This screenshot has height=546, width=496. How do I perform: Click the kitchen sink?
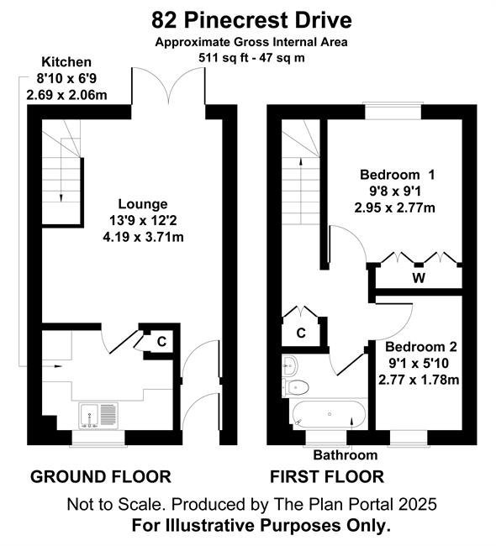(x=98, y=416)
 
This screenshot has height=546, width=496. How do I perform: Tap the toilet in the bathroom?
(x=296, y=387)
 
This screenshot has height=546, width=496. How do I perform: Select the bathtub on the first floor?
(x=329, y=414)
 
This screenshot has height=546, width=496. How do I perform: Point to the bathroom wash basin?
(x=290, y=365)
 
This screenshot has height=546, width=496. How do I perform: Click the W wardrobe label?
(x=419, y=278)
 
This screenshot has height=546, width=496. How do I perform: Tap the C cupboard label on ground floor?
(x=161, y=342)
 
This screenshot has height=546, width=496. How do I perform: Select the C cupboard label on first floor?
(x=301, y=333)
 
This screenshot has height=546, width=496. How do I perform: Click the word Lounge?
(x=143, y=204)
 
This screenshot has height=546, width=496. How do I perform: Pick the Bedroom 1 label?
(x=398, y=175)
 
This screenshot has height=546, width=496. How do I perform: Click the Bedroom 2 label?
(x=420, y=347)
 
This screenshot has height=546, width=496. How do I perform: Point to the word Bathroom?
(x=345, y=455)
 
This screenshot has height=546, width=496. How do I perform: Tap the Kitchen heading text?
(x=66, y=62)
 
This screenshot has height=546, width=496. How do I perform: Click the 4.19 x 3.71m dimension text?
(x=143, y=238)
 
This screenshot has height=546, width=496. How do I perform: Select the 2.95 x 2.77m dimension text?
(x=395, y=208)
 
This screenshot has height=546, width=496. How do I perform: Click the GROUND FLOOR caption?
(x=101, y=477)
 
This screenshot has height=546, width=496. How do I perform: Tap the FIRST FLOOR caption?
(x=327, y=477)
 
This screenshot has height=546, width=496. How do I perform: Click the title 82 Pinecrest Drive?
(x=251, y=20)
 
